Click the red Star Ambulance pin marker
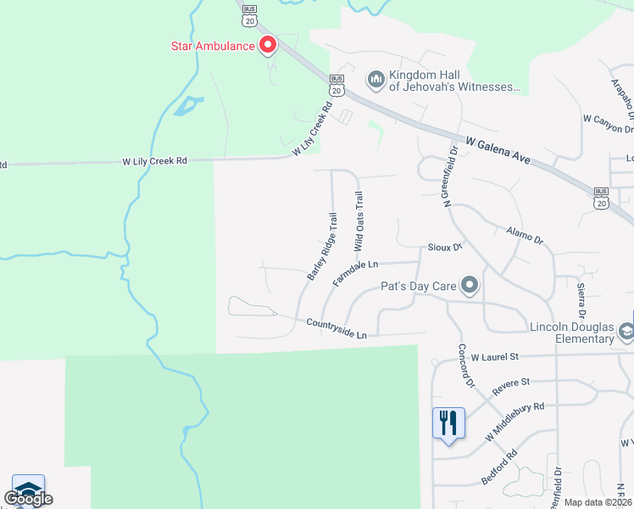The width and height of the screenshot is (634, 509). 268,44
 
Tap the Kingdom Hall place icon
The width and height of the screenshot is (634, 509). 375,80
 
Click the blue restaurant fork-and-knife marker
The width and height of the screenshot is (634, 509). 448,422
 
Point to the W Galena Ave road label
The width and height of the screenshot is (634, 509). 501,153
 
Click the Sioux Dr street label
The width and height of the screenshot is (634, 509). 444,247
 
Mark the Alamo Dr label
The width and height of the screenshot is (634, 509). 523,235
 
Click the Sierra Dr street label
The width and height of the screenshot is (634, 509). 581,296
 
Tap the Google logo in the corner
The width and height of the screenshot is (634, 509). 28,499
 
